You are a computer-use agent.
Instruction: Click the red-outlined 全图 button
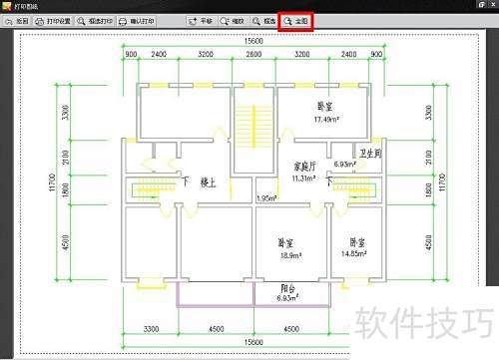tap(296, 19)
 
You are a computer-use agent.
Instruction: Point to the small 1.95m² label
tap(266, 197)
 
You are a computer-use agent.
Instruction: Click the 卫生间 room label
tap(371, 154)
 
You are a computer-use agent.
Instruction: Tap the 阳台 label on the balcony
tap(287, 287)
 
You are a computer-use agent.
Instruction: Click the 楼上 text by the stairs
tap(208, 182)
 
